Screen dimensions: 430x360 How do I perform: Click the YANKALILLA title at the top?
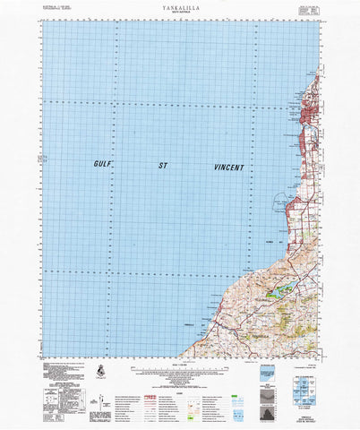(x=180, y=6)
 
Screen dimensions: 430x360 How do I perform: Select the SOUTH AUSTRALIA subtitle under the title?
(x=180, y=13)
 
